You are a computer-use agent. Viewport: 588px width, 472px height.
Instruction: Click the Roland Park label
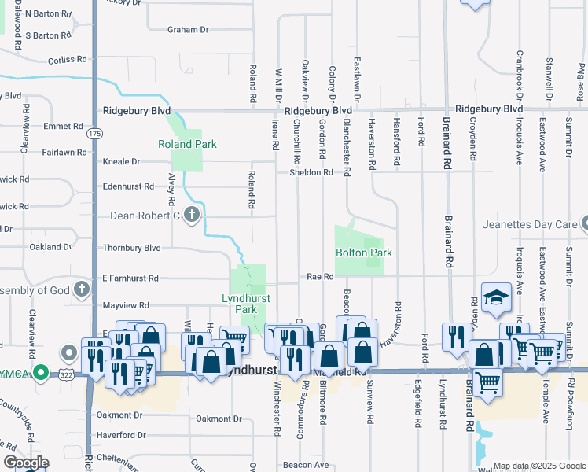[x=187, y=144]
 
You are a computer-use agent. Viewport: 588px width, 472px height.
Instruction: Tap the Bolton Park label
[x=364, y=253]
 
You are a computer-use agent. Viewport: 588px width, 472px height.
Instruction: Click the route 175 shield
[x=94, y=134]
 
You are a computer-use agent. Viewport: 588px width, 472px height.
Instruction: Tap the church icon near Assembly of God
[x=82, y=289]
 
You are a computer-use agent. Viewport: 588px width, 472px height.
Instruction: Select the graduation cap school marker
[x=497, y=298]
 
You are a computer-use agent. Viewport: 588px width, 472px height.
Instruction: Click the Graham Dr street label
[x=188, y=30]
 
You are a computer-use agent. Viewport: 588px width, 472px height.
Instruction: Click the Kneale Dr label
[x=121, y=161]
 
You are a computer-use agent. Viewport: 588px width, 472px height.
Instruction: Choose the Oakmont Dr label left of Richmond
[x=119, y=415]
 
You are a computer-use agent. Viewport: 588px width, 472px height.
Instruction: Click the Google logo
[x=26, y=463]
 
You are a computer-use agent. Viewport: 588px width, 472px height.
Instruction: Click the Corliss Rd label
[x=66, y=60]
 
